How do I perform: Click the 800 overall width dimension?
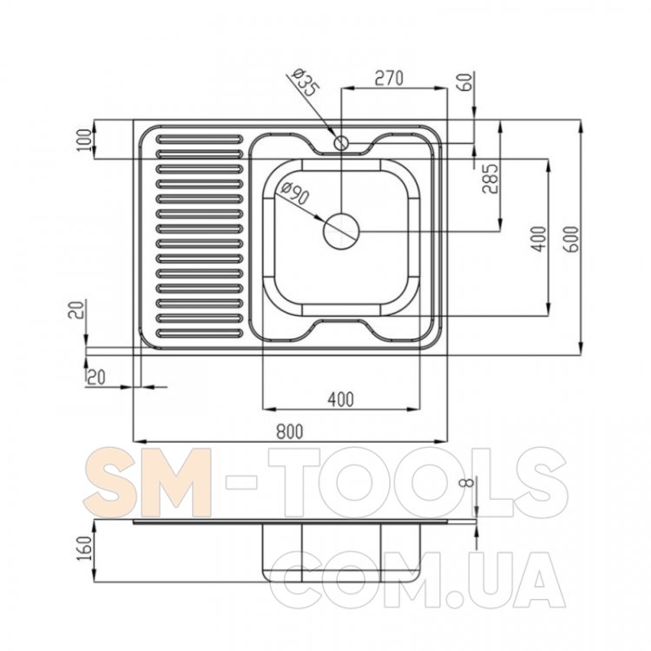[290, 431]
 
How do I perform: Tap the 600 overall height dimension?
[572, 240]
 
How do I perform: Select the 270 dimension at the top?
[389, 78]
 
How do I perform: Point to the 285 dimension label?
[490, 179]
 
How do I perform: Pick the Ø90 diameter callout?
[295, 194]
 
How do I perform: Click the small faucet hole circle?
[342, 143]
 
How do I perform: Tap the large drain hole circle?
[341, 231]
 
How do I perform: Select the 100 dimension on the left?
[85, 140]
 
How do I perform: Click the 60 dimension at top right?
[466, 82]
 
